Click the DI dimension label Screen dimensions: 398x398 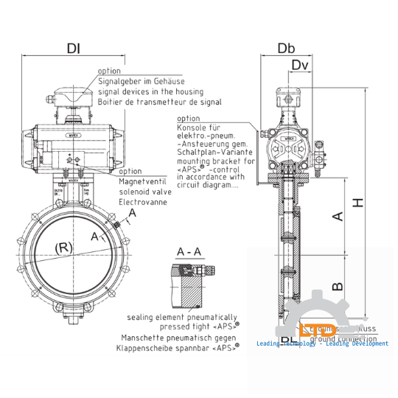(x=74, y=49)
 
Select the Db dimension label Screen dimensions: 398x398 (x=287, y=49)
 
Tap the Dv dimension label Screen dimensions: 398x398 (x=299, y=66)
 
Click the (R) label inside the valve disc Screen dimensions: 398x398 (x=64, y=248)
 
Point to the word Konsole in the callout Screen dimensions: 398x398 (x=193, y=128)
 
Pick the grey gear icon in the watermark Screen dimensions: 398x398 (x=318, y=317)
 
